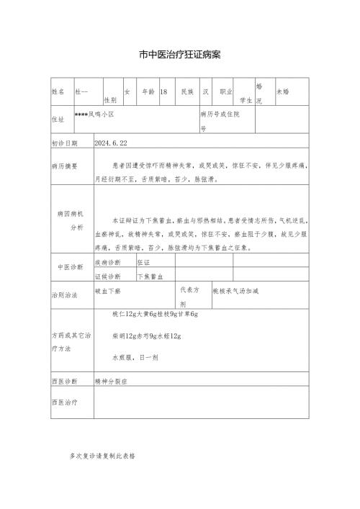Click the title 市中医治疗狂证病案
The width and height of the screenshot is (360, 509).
(180, 54)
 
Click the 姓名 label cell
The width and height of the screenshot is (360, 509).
(58, 92)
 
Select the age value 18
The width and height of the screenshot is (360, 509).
(164, 92)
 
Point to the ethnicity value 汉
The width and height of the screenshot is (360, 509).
(206, 92)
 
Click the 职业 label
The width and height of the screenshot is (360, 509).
(225, 92)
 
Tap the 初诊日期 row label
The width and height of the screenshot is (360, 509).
(66, 143)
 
